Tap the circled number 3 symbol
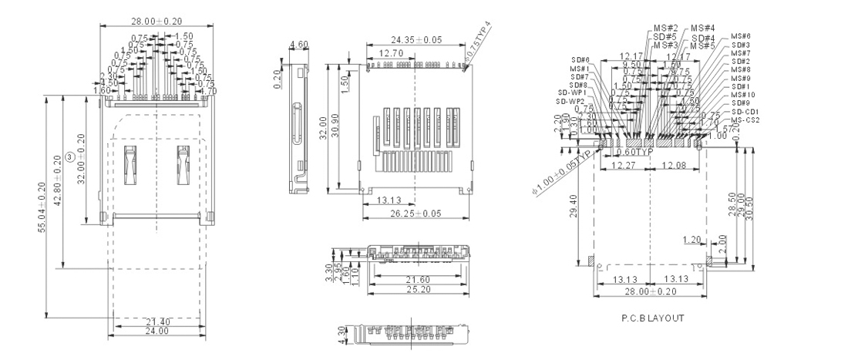tap(71, 157)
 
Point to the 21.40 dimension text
tap(156, 321)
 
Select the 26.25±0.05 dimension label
tap(416, 213)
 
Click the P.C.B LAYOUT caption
tap(651, 318)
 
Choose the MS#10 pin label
tap(744, 95)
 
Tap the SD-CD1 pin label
tap(745, 112)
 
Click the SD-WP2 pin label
tap(572, 101)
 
